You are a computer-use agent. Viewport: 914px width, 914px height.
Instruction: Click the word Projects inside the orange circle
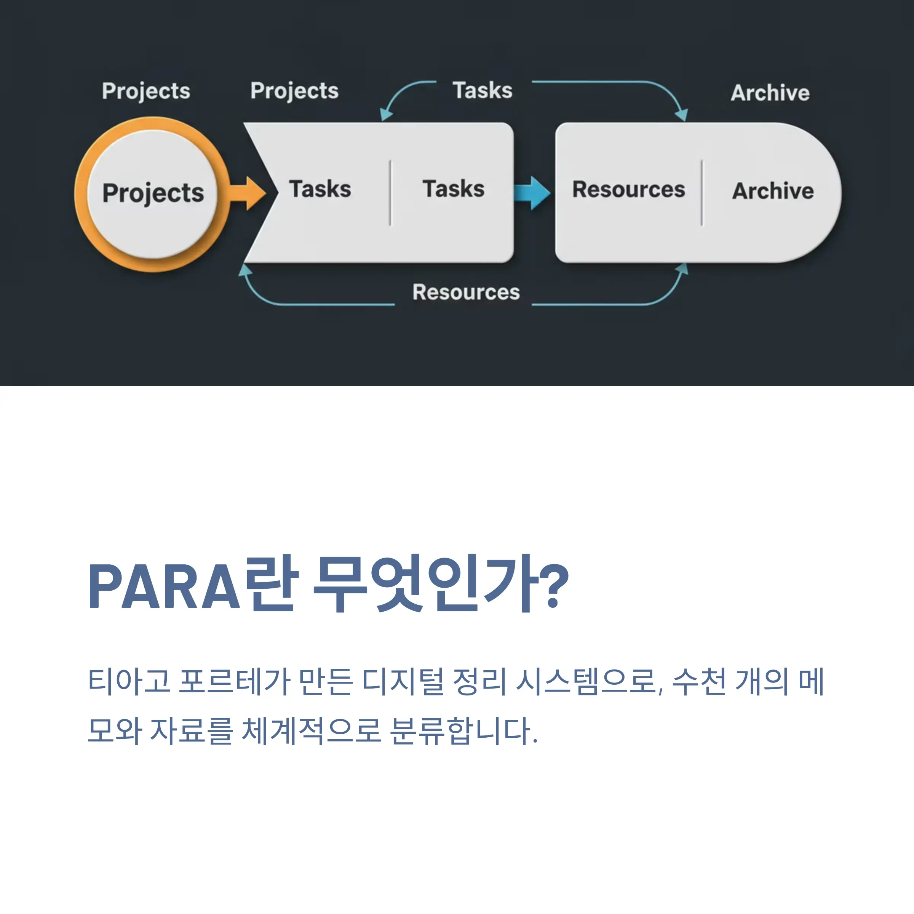[x=153, y=193]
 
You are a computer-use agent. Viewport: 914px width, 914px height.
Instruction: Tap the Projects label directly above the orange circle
[x=146, y=91]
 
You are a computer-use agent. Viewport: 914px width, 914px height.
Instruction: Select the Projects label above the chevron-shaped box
[x=295, y=91]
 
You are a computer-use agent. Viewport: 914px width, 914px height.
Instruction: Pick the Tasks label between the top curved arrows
[x=483, y=90]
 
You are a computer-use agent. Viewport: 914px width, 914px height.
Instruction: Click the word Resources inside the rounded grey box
[x=629, y=190]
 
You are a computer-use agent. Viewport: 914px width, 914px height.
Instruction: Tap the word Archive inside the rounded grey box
[x=773, y=191]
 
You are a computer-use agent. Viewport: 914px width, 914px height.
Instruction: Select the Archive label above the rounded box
[x=770, y=93]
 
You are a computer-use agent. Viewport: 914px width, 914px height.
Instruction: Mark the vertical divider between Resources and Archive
[x=701, y=193]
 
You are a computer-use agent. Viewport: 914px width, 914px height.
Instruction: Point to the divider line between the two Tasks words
[x=390, y=193]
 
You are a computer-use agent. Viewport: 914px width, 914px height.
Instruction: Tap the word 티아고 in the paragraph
[x=129, y=681]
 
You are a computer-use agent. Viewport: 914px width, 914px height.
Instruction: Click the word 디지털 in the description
[x=403, y=681]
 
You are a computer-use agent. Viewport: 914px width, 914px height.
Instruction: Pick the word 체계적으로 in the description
[x=311, y=731]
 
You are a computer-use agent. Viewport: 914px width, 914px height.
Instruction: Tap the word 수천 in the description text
[x=699, y=681]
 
